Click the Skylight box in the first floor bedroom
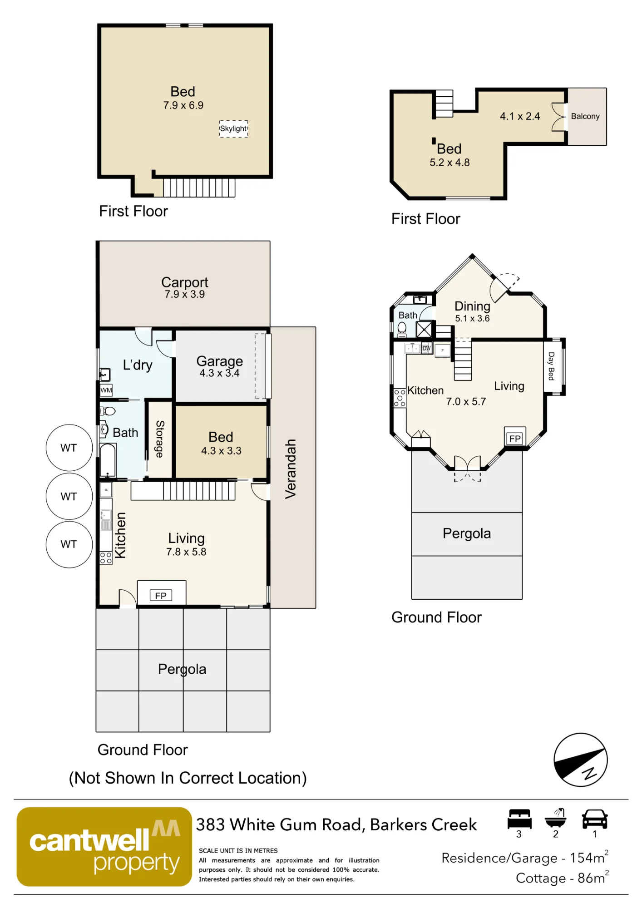click(233, 129)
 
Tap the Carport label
click(185, 282)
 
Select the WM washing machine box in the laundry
click(106, 390)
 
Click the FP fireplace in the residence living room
click(161, 595)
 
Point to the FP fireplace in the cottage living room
click(515, 439)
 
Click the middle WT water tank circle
click(69, 496)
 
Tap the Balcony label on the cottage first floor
click(585, 116)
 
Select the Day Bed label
click(551, 366)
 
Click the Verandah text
click(290, 469)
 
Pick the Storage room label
click(160, 439)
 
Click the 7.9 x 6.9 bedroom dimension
click(183, 105)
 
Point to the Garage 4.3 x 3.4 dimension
click(220, 373)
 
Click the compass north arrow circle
click(581, 760)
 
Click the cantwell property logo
click(104, 847)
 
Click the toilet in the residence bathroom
click(108, 411)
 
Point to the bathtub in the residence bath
click(108, 460)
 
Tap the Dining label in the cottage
click(472, 306)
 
